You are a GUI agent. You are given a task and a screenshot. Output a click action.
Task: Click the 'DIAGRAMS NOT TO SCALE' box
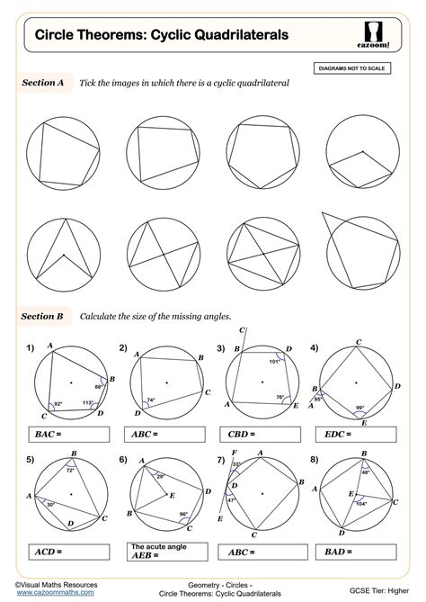tap(359, 67)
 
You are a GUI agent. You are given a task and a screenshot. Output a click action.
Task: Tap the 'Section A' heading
tap(42, 83)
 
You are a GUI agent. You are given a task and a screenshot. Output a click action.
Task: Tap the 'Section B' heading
tap(42, 316)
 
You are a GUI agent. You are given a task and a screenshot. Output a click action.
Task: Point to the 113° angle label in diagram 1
tap(89, 403)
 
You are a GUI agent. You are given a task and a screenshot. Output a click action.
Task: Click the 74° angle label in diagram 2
tap(151, 400)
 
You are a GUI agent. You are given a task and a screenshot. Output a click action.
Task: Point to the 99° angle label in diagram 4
tap(360, 409)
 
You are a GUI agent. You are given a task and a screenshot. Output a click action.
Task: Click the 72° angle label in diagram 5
tap(71, 470)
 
